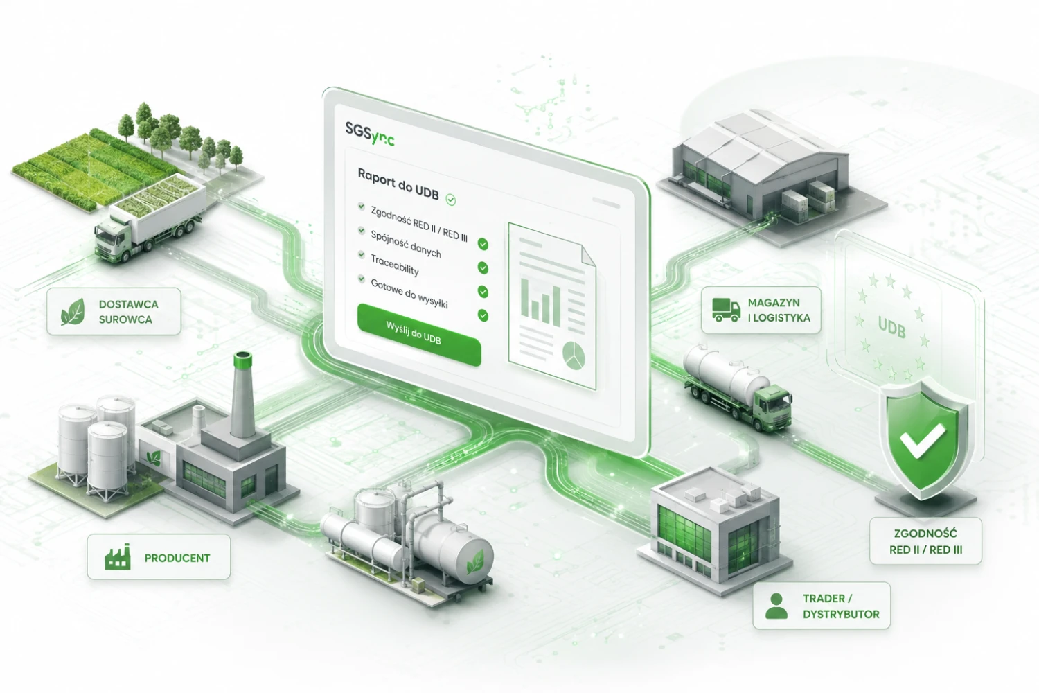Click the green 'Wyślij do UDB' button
pos(419,334)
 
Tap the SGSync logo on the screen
pos(370,134)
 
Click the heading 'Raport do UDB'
pos(398,184)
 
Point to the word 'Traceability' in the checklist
pos(395,265)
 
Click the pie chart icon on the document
pos(574,356)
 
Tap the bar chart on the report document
pos(541,301)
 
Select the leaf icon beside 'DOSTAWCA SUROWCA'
pos(73,311)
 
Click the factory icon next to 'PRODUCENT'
pos(117,556)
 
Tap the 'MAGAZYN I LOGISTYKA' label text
pos(779,310)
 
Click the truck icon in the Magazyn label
pos(726,310)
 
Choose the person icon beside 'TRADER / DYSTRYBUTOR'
pos(776,606)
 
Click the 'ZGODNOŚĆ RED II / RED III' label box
pos(925,541)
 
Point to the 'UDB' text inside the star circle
pos(891,327)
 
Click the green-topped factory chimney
pos(242,394)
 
